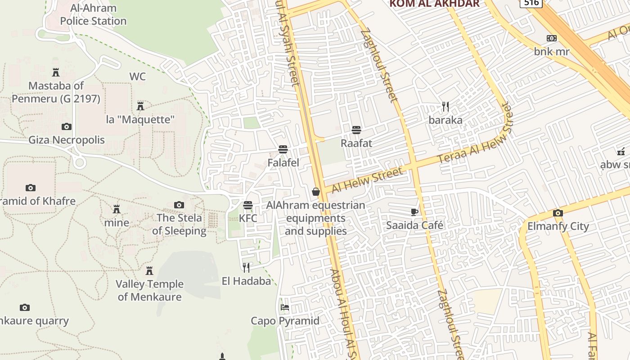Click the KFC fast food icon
tap(248, 205)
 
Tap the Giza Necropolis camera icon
tap(67, 127)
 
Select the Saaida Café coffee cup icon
tap(414, 212)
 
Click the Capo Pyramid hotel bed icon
tap(285, 308)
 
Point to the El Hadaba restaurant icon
tap(246, 268)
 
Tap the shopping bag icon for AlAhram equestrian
tap(316, 192)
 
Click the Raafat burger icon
tap(356, 130)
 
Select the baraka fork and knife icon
tap(445, 107)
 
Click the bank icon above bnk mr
tap(552, 38)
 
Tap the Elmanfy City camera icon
tap(558, 213)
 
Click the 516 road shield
tap(531, 3)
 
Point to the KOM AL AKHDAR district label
tap(434, 4)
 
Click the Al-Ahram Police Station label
tap(93, 14)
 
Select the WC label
tap(138, 76)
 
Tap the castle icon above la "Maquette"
tap(140, 106)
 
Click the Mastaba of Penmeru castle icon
tap(56, 72)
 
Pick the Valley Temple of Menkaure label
tap(150, 290)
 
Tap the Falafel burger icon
tap(283, 149)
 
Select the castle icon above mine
tap(117, 209)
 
